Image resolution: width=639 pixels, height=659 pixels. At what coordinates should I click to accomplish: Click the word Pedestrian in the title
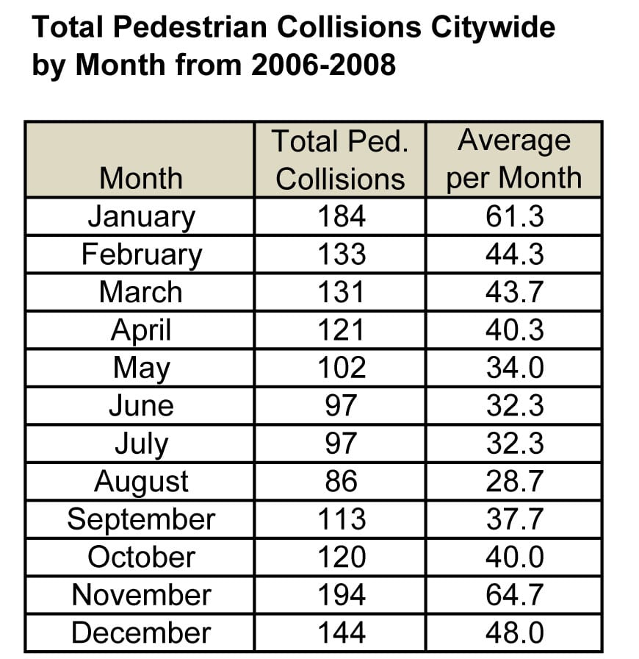click(184, 28)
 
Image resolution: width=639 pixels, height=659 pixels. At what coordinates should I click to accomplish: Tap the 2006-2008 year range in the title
click(324, 65)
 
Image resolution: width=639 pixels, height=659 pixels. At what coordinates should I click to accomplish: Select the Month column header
click(140, 178)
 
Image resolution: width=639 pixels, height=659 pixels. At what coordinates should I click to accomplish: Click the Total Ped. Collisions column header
click(340, 160)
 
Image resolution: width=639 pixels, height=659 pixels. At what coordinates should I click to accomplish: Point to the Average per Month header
click(513, 159)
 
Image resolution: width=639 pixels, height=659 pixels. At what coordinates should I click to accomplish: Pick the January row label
click(141, 216)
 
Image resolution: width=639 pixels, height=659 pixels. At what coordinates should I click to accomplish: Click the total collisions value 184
click(341, 216)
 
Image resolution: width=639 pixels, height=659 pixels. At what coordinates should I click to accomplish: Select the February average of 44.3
click(514, 254)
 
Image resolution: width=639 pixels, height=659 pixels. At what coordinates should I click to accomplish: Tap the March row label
click(140, 292)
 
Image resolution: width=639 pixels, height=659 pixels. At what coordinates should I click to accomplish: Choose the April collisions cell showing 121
click(341, 329)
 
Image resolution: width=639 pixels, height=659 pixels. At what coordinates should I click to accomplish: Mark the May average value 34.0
click(514, 368)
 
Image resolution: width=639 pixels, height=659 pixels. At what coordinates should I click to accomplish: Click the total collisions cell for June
click(341, 405)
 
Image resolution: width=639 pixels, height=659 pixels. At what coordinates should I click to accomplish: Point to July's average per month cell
click(514, 444)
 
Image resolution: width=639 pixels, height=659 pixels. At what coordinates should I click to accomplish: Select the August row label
click(141, 482)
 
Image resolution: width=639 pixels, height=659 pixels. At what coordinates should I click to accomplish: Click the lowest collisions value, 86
click(341, 482)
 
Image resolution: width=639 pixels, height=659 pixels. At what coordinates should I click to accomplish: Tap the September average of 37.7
click(514, 519)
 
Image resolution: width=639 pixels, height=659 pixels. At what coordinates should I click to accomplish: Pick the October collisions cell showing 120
click(341, 557)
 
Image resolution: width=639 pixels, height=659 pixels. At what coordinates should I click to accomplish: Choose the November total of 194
click(341, 595)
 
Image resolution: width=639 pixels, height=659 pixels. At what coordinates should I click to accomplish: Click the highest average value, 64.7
click(514, 595)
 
